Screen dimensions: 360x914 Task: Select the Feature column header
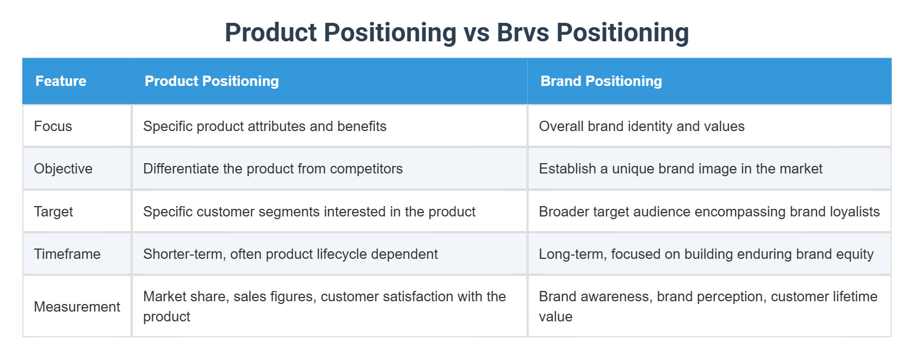click(61, 81)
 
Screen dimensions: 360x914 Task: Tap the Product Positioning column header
click(212, 81)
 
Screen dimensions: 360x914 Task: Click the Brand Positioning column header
click(601, 81)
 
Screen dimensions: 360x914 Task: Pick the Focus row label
click(53, 126)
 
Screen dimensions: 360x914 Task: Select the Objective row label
click(63, 169)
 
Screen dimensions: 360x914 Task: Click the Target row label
click(53, 212)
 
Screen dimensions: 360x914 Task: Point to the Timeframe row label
click(67, 254)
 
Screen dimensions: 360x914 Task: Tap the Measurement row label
click(77, 307)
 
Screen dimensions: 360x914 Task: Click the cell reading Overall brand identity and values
click(641, 126)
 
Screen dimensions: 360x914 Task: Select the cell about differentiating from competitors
click(273, 169)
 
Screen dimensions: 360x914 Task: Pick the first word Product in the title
click(270, 33)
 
